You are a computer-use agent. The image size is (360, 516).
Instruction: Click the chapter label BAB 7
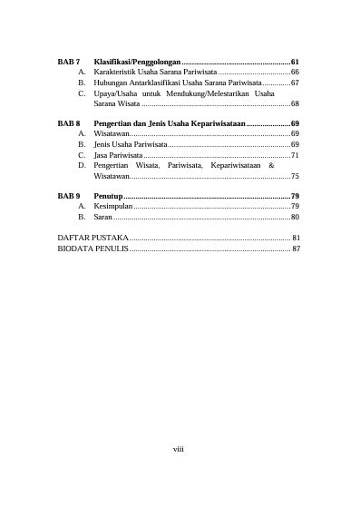69,60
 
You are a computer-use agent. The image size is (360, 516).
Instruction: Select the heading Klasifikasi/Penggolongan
137,60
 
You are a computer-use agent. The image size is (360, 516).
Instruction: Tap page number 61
295,60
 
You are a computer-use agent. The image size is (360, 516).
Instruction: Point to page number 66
295,71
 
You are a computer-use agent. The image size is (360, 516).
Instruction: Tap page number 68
295,104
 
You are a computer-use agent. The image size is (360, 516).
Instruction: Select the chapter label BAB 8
69,122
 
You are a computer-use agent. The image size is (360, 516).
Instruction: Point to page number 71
295,155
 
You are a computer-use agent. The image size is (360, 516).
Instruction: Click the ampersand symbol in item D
272,166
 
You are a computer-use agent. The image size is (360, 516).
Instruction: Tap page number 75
295,177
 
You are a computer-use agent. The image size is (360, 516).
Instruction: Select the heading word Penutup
108,196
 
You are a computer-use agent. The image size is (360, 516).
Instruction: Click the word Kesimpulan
113,207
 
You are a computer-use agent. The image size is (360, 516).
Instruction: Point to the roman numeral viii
179,448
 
